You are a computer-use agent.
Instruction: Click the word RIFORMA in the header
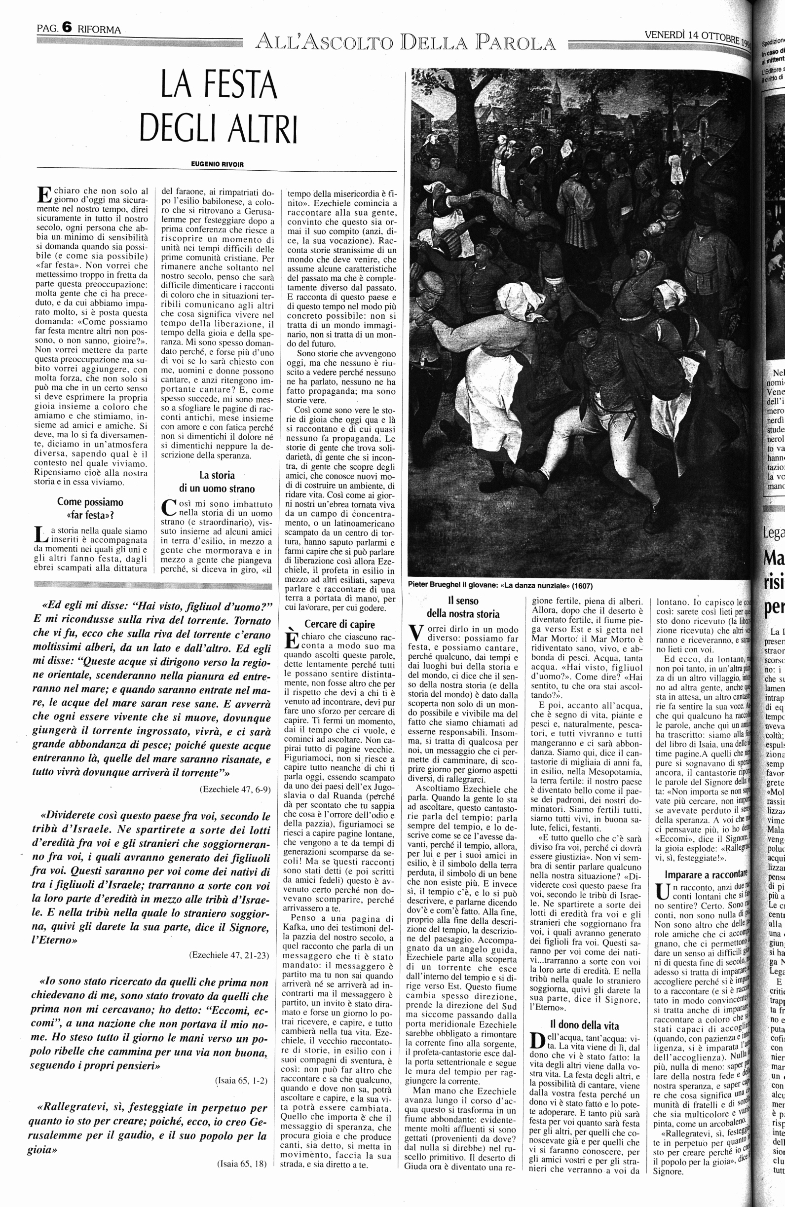tap(99, 30)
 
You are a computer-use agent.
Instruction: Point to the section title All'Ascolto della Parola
tap(406, 42)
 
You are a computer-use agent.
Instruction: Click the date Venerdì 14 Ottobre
tap(692, 37)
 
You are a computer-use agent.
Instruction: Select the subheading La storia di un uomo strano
tap(217, 482)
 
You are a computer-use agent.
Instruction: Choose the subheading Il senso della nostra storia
tap(463, 607)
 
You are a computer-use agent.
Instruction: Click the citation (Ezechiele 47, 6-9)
tap(235, 789)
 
